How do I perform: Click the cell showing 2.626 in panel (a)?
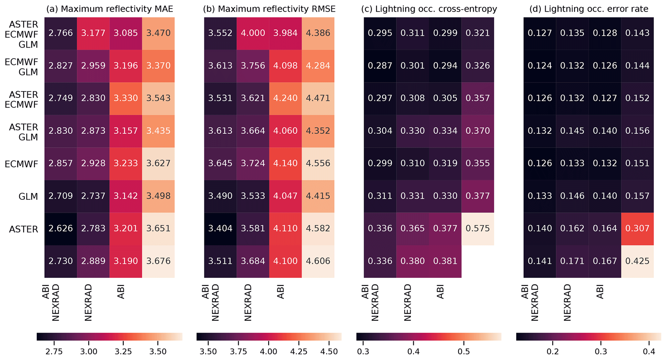pos(61,229)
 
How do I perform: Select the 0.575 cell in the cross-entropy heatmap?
pos(478,229)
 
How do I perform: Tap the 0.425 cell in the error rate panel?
pos(637,261)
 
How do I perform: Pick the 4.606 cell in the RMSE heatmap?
pos(318,261)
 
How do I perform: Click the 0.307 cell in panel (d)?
pos(637,229)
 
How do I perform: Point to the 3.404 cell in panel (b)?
pos(220,229)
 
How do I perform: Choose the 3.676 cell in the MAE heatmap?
pos(158,261)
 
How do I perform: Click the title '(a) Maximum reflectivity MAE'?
pos(109,9)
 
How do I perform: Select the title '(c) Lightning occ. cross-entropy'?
pos(429,9)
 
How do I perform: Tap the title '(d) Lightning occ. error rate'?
pos(589,9)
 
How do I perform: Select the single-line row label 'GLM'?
pos(28,197)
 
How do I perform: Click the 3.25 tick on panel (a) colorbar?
pos(123,351)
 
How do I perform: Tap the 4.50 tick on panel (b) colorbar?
pos(329,351)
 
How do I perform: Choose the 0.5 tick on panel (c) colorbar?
pos(464,351)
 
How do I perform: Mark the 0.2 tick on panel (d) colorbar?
pos(553,351)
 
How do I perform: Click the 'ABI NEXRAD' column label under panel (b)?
pos(211,302)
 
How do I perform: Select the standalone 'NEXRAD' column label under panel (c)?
pos(408,302)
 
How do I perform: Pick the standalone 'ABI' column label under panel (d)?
pos(600,292)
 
